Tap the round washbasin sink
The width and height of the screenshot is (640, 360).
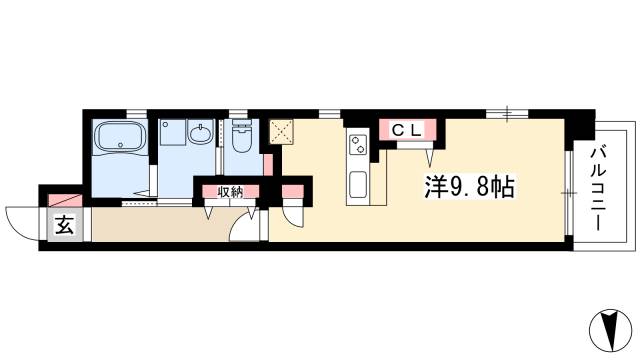198,132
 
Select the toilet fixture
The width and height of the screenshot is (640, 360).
240,139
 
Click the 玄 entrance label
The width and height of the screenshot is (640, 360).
64,226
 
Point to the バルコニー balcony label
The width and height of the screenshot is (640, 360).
598,187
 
